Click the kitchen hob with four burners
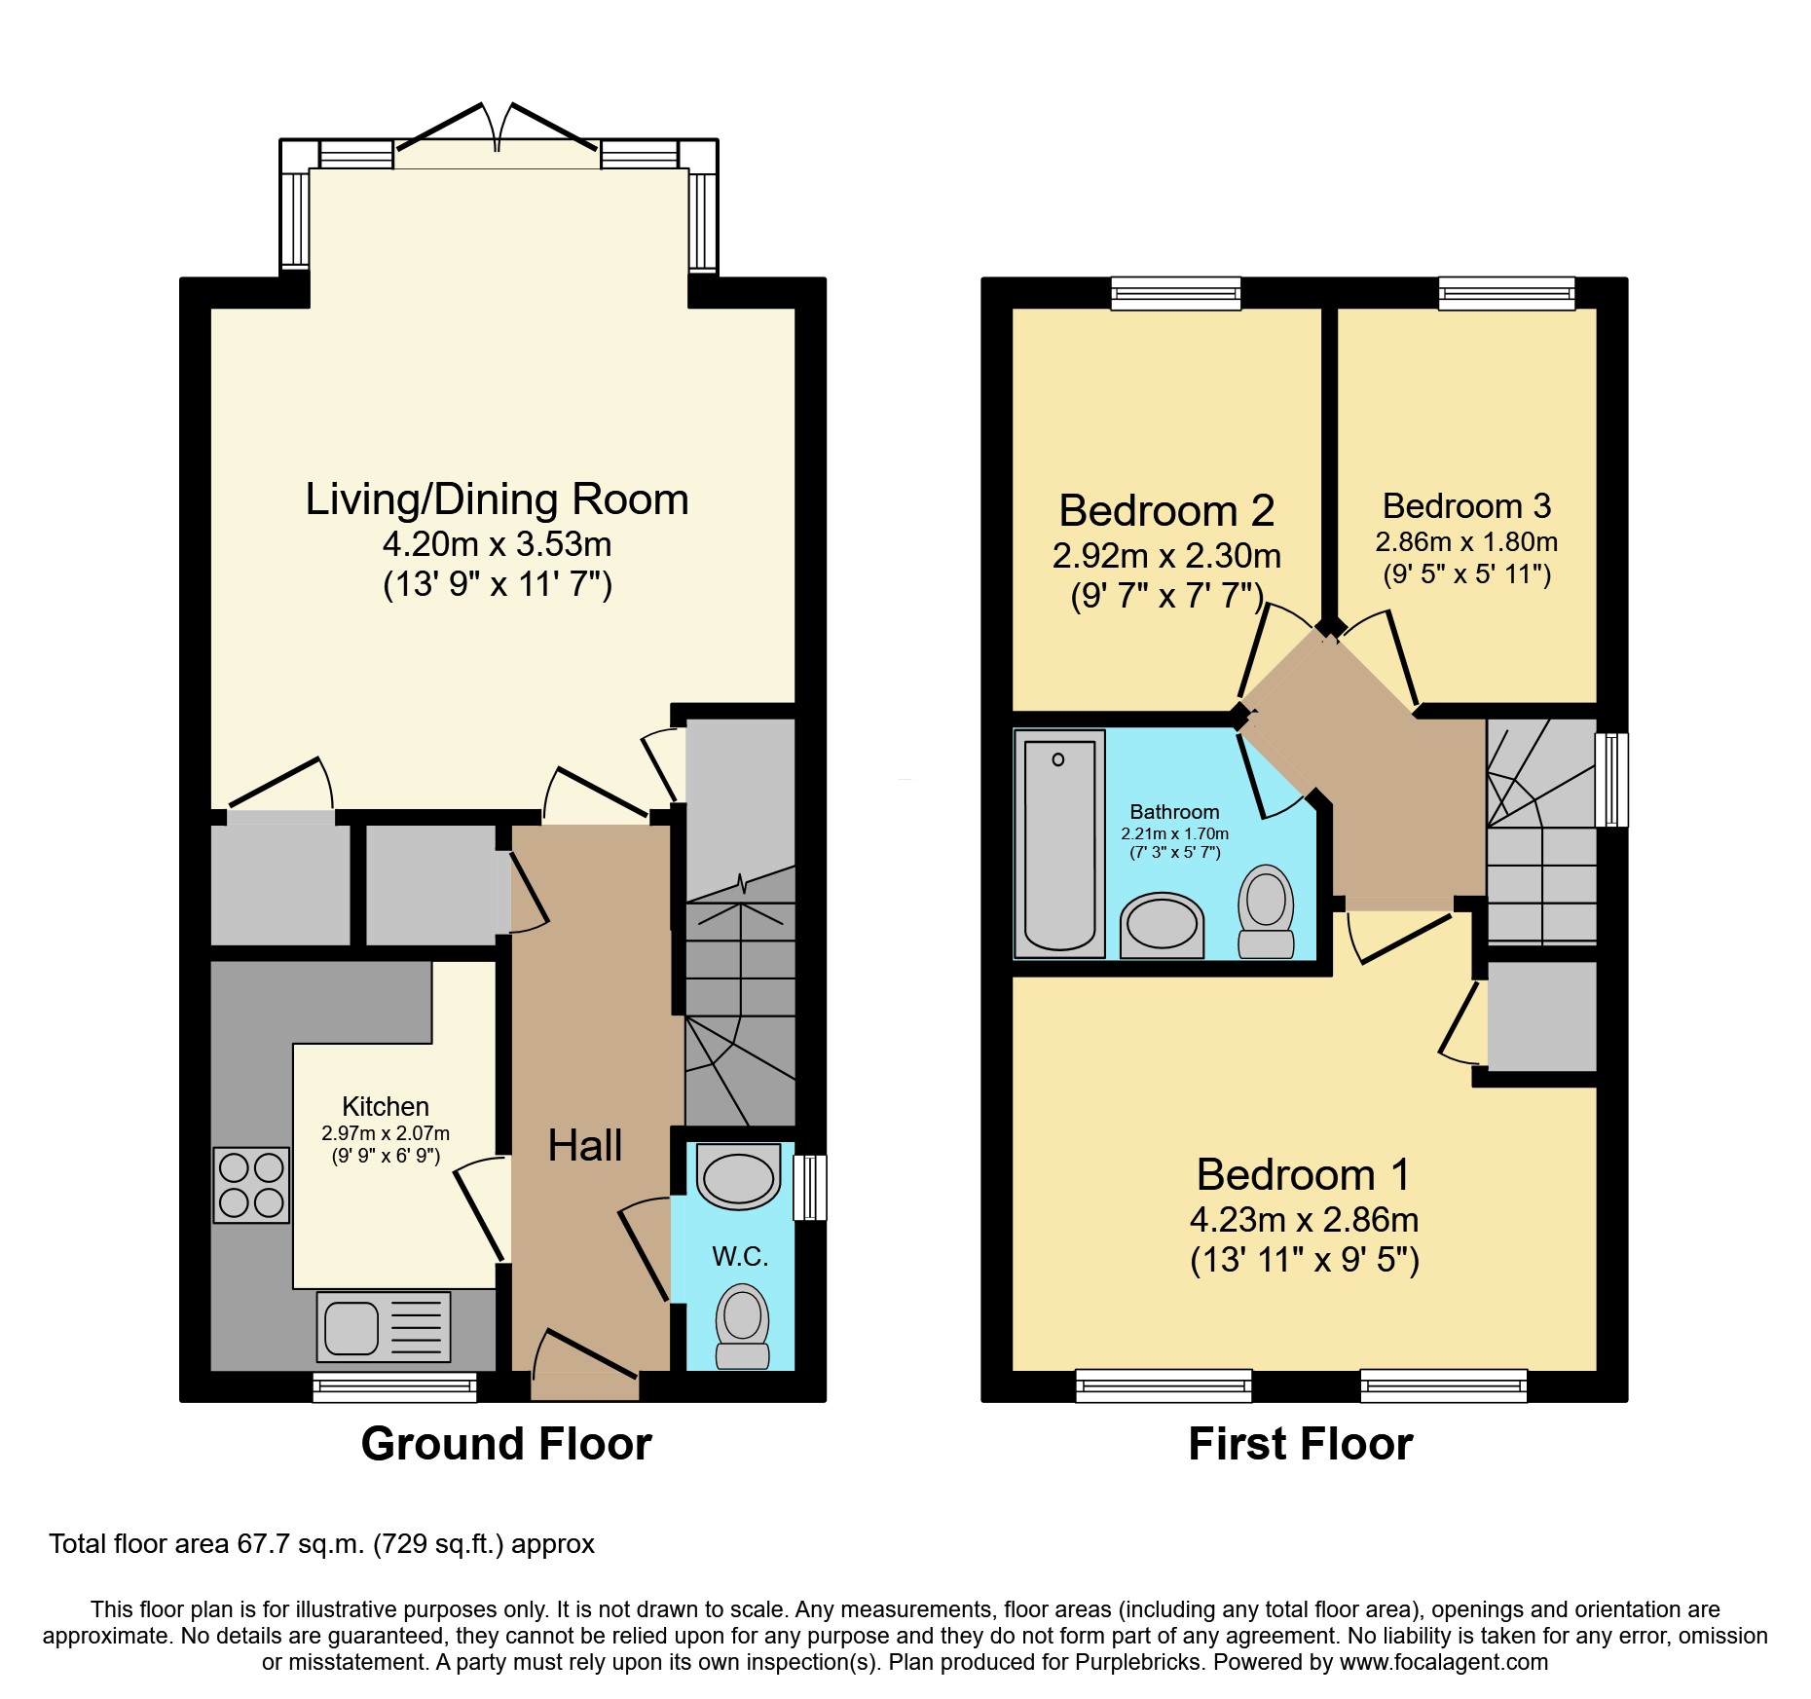pos(251,1184)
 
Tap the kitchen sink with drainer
pos(384,1326)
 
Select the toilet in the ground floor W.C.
pos(742,1325)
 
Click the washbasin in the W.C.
pos(739,1177)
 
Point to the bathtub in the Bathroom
pos(1059,843)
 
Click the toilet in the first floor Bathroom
pos(1266,910)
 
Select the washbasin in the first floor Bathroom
pos(1162,925)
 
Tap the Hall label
pos(584,1145)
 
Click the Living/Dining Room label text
pos(497,499)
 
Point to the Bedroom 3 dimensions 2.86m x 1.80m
pos(1466,542)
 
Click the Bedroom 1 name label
pos(1303,1174)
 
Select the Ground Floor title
pos(506,1444)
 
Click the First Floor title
pos(1300,1444)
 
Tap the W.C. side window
pos(810,1187)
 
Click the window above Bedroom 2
pos(1176,293)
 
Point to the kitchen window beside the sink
pos(394,1386)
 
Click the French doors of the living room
pos(498,136)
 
